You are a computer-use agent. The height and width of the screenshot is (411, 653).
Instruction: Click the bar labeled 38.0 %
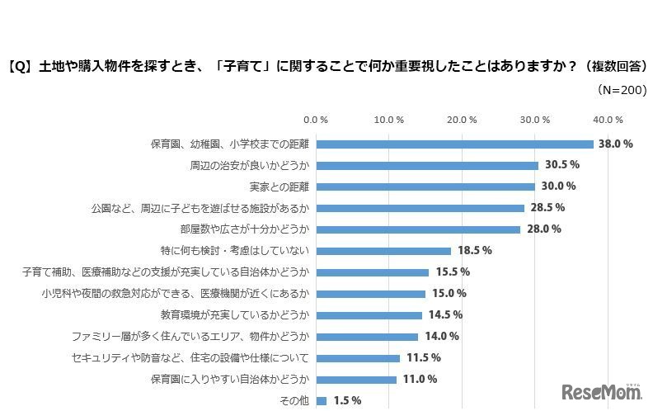(454, 144)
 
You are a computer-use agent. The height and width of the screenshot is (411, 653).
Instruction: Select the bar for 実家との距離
(425, 187)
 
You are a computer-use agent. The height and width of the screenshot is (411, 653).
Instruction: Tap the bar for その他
(322, 401)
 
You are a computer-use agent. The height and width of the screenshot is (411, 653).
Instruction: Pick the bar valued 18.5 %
(383, 251)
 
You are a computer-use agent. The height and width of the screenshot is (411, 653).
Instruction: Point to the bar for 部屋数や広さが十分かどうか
(418, 229)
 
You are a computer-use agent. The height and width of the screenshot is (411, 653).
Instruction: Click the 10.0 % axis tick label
(389, 119)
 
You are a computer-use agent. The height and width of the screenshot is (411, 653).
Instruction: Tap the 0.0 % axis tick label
(316, 119)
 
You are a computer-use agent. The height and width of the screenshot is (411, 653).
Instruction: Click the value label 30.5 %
(560, 165)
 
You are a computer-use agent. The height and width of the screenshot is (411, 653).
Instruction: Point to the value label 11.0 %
(419, 380)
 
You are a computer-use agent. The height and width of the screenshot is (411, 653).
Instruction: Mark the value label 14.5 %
(445, 315)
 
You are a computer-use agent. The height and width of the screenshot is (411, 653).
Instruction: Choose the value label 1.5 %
(346, 401)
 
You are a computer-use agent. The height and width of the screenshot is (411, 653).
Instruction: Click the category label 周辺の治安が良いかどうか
(250, 165)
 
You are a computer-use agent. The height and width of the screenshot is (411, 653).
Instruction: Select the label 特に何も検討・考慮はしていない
(235, 251)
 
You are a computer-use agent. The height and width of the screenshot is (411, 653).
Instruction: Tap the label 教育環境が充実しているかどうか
(235, 315)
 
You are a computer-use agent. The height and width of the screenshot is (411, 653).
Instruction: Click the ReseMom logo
(599, 390)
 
